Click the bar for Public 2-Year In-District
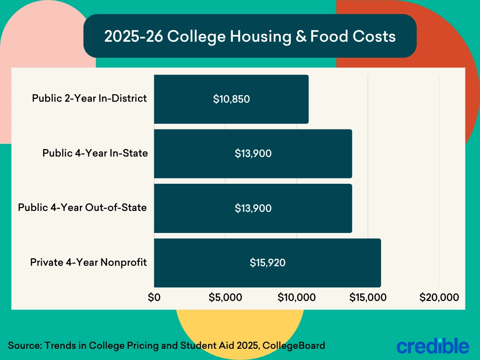coord(231,99)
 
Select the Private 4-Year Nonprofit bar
coord(267,263)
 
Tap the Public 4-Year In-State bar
coord(253,154)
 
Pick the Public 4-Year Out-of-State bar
coord(253,208)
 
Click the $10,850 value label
coord(232,99)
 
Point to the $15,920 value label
coord(268,263)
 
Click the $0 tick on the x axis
coord(154,297)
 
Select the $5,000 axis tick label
coord(225,297)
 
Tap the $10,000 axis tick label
coord(297,297)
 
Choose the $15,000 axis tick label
coord(368,297)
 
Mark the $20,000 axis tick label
coord(439,297)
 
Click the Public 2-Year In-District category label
coord(90,99)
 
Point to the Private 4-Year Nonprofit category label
coord(89,262)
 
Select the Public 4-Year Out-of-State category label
coord(82,208)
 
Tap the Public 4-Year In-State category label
coord(95,153)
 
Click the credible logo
coord(432,345)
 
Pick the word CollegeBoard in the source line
coord(294,346)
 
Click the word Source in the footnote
coord(24,346)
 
